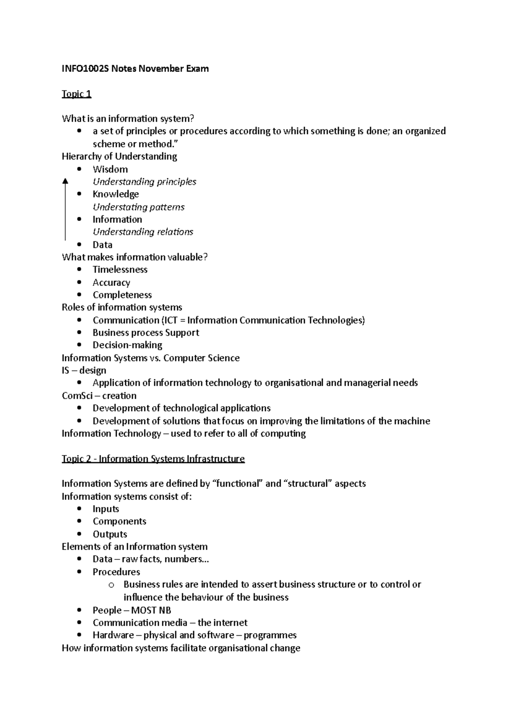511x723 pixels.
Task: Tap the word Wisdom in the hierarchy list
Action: (x=110, y=169)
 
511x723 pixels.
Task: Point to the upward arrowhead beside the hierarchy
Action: (x=65, y=181)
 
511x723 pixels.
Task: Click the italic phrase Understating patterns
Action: (x=138, y=207)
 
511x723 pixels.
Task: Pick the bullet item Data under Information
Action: (x=102, y=245)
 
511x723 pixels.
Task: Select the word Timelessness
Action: (x=120, y=270)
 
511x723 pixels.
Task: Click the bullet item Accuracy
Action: (x=111, y=283)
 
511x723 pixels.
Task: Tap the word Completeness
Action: (x=122, y=295)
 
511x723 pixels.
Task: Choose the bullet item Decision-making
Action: (x=127, y=345)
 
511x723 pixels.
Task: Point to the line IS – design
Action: (x=84, y=370)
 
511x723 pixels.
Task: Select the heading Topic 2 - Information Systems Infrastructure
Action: (x=153, y=459)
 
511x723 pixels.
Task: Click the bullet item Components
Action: (x=119, y=522)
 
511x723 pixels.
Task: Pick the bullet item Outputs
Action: (x=110, y=534)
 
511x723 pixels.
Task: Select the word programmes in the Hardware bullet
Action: (x=270, y=635)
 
